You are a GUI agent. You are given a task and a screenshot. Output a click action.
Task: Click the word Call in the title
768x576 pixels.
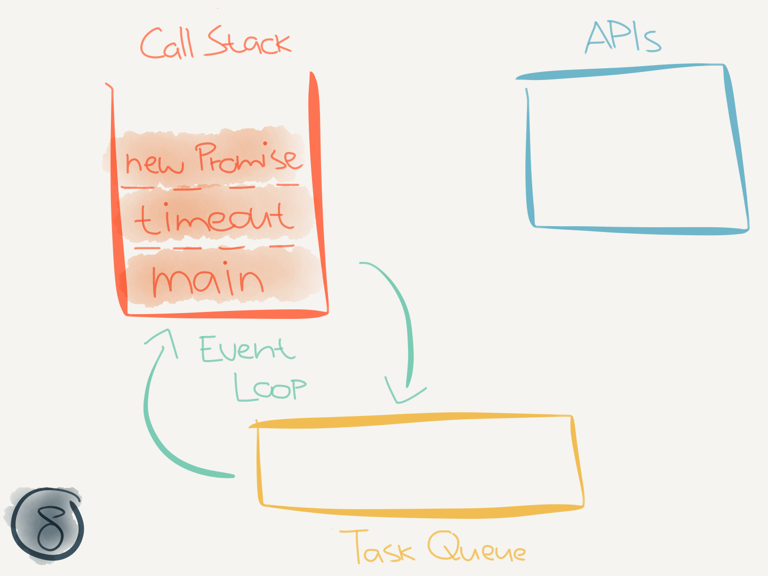166,44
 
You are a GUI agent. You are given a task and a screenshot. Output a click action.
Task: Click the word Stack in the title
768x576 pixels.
249,42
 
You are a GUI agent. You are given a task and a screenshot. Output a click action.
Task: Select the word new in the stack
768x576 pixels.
154,162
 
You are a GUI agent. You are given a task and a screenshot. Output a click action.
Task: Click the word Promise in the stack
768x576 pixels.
247,158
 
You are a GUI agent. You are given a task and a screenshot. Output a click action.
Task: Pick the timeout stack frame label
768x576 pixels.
213,219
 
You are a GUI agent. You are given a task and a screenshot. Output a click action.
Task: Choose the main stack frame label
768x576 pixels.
208,279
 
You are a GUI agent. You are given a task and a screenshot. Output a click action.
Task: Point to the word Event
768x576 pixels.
246,349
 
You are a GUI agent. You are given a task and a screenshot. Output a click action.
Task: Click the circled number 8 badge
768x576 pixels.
48,524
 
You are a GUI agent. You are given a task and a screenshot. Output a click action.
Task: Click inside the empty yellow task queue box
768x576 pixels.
419,464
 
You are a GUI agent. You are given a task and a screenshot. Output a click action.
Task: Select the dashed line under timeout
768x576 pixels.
213,247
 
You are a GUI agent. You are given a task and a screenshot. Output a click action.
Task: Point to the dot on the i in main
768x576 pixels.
226,263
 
